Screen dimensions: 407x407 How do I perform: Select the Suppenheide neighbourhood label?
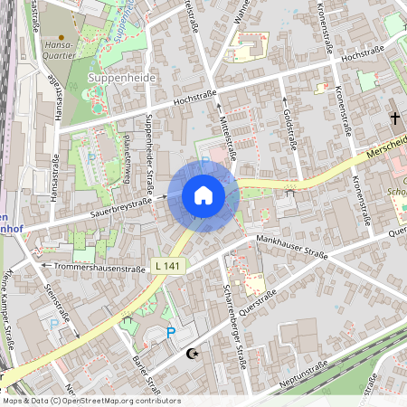(x=122, y=79)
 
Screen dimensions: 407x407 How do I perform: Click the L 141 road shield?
(x=166, y=265)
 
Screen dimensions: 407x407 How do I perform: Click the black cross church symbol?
(x=394, y=118)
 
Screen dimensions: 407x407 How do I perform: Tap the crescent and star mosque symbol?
(x=191, y=355)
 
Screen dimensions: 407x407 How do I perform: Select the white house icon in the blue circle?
(x=203, y=195)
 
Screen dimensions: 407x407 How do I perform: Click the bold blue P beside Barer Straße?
(x=171, y=333)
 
